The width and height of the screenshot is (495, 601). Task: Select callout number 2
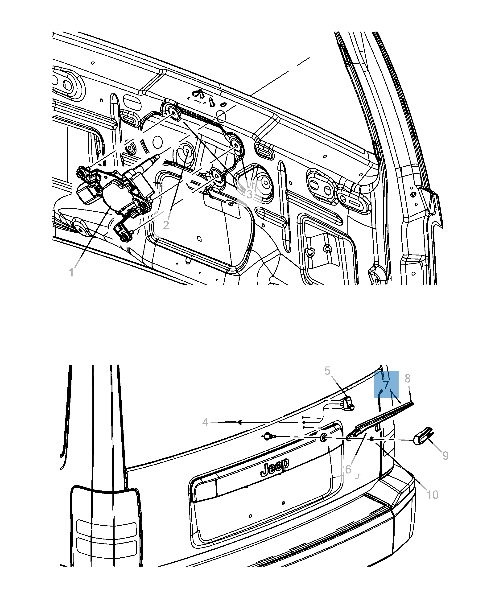click(166, 225)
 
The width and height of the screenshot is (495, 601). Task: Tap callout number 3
click(249, 194)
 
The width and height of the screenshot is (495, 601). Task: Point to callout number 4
click(205, 422)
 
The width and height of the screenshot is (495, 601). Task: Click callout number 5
click(327, 371)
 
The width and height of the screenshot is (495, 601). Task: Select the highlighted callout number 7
click(386, 385)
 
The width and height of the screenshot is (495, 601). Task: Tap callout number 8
click(408, 379)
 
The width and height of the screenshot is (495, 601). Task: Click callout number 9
click(445, 456)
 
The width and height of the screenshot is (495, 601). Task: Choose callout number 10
click(432, 495)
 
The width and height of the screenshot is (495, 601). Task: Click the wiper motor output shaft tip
click(157, 156)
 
